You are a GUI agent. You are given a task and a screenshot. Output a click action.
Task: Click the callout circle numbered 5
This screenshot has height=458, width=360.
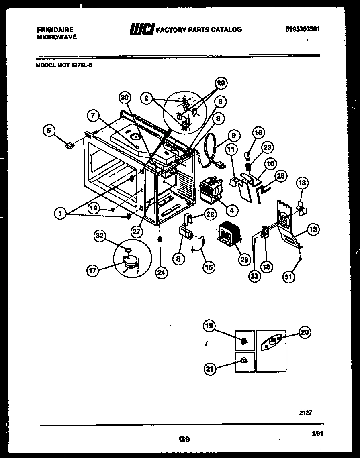tap(49, 130)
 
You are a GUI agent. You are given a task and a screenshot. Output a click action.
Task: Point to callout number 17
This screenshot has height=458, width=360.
tap(93, 271)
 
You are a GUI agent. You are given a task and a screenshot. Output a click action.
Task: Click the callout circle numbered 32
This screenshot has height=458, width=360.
tap(100, 236)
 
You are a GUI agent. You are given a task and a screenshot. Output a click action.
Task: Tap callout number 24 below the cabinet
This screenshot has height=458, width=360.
tap(161, 272)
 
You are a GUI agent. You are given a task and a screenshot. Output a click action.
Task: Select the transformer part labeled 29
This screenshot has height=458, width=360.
tap(228, 233)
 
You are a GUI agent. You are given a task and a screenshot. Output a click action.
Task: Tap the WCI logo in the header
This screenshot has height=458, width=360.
tap(141, 29)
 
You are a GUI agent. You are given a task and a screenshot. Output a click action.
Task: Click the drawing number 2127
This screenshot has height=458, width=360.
tap(305, 413)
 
